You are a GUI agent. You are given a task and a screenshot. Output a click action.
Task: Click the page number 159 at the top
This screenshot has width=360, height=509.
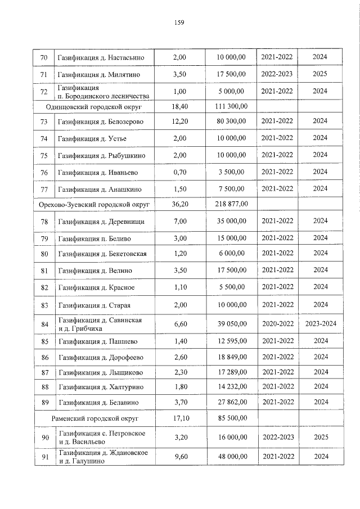tap(179, 22)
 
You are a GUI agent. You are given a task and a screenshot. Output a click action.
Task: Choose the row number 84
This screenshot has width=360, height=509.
tap(44, 324)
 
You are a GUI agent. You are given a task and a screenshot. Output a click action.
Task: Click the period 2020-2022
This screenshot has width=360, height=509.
tap(277, 324)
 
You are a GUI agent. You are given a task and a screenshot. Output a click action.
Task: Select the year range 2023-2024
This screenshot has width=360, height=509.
tap(320, 324)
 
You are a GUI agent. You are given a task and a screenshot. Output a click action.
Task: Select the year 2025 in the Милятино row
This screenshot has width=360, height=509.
tap(320, 74)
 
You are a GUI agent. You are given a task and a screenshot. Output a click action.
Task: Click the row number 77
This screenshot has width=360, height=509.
tap(44, 188)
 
